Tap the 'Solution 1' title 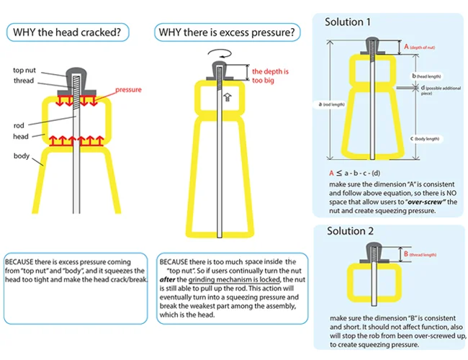[x=348, y=22]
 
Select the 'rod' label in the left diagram [x=19, y=125]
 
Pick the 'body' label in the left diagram [x=22, y=155]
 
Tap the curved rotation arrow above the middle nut [x=217, y=55]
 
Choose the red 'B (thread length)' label [x=423, y=254]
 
